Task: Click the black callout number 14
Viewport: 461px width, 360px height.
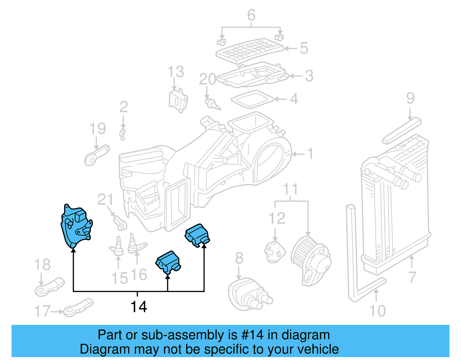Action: coord(139,307)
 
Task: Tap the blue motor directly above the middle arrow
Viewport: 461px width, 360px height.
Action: coord(168,261)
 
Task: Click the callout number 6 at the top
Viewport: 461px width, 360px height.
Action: coord(251,15)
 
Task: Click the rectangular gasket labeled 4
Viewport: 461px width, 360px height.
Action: coord(252,99)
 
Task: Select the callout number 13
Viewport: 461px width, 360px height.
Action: coord(175,72)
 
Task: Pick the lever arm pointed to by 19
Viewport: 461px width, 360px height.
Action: coord(97,156)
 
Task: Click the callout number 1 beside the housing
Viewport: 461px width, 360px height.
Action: coord(310,154)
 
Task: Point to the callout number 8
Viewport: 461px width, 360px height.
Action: coord(239,258)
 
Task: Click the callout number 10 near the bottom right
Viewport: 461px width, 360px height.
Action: coord(377,311)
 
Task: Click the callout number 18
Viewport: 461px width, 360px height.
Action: coord(42,265)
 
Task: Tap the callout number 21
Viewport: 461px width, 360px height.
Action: coord(105,199)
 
